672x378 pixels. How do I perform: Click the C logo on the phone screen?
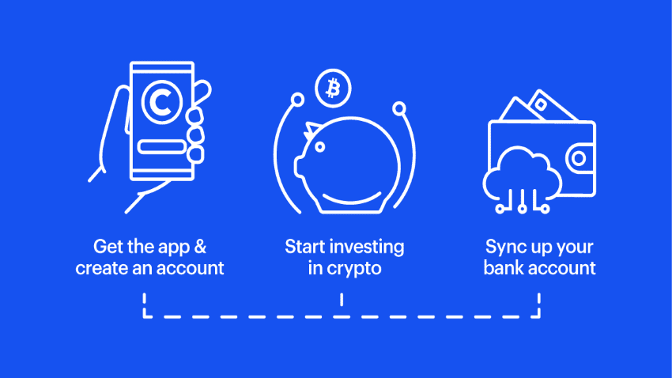tap(162, 102)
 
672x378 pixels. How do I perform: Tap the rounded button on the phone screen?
tap(161, 146)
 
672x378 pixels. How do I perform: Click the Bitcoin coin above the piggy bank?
tap(333, 89)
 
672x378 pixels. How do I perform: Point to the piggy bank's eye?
tap(319, 147)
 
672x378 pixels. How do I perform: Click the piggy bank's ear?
tap(311, 130)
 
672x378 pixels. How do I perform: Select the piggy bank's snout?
tap(300, 166)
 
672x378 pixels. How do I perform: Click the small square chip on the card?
tap(541, 104)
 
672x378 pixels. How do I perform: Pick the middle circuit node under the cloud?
tap(522, 209)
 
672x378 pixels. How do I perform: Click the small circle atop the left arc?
tap(297, 100)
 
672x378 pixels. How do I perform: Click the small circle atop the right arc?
tap(399, 108)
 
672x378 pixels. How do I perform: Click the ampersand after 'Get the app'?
tap(200, 247)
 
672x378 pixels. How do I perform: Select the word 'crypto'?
tap(354, 269)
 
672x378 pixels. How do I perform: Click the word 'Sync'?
tap(504, 248)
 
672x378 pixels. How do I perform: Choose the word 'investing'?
tap(368, 248)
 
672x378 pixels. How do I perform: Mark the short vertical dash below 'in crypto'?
tap(342, 299)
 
